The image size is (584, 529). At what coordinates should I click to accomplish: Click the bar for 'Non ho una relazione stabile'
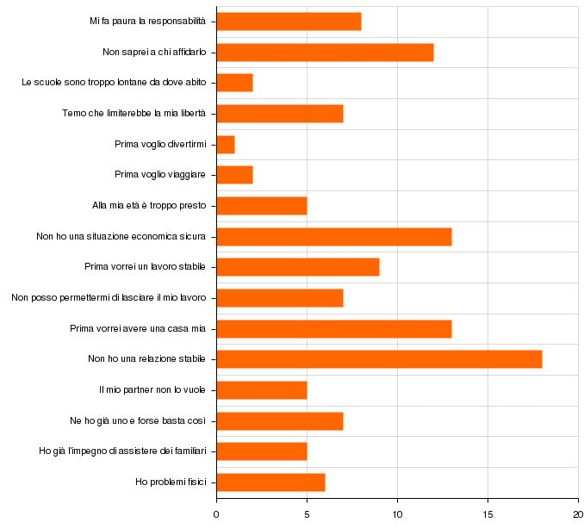(379, 359)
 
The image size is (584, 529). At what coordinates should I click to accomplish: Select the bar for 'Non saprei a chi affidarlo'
(325, 53)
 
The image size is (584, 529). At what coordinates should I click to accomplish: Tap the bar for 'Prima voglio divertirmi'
(226, 145)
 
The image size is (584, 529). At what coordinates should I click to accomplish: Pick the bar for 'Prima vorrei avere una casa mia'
(334, 328)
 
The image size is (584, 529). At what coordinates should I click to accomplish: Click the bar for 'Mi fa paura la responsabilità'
(289, 22)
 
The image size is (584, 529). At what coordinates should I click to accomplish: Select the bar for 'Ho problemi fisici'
(270, 482)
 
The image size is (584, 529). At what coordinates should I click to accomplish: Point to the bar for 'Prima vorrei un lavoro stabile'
(298, 267)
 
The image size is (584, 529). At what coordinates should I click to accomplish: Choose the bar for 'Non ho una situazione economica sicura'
(334, 236)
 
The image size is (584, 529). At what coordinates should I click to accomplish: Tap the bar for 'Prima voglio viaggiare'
(234, 175)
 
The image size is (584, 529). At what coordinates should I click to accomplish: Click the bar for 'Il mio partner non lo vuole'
(262, 390)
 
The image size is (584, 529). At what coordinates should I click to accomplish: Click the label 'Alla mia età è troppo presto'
(149, 206)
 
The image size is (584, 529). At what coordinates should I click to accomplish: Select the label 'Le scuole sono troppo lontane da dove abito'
(114, 84)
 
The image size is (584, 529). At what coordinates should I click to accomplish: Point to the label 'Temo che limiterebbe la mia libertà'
(134, 114)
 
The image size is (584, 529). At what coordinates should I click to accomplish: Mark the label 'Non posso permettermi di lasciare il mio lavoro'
(109, 298)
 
